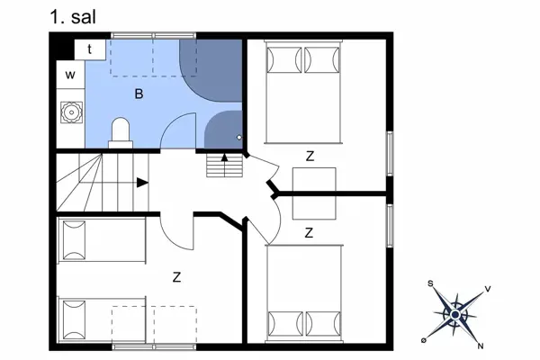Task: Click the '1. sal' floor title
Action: [x=73, y=17]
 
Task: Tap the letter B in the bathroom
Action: [x=139, y=94]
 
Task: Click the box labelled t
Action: [x=90, y=49]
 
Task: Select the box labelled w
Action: [x=70, y=75]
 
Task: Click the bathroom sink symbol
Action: [x=72, y=112]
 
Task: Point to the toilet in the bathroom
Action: [x=121, y=133]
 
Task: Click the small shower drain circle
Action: [x=239, y=138]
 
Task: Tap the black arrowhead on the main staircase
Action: [x=142, y=183]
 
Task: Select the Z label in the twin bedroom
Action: [x=176, y=277]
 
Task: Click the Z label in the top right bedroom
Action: [x=310, y=157]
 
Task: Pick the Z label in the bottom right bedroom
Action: [x=309, y=233]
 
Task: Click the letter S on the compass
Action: [x=430, y=283]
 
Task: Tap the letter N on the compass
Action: [x=481, y=346]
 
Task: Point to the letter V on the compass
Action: [x=488, y=289]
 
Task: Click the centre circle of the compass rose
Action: [x=455, y=314]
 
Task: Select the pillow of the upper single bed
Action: [x=74, y=240]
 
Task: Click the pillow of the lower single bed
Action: [x=74, y=320]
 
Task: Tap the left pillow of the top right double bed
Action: [x=284, y=60]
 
